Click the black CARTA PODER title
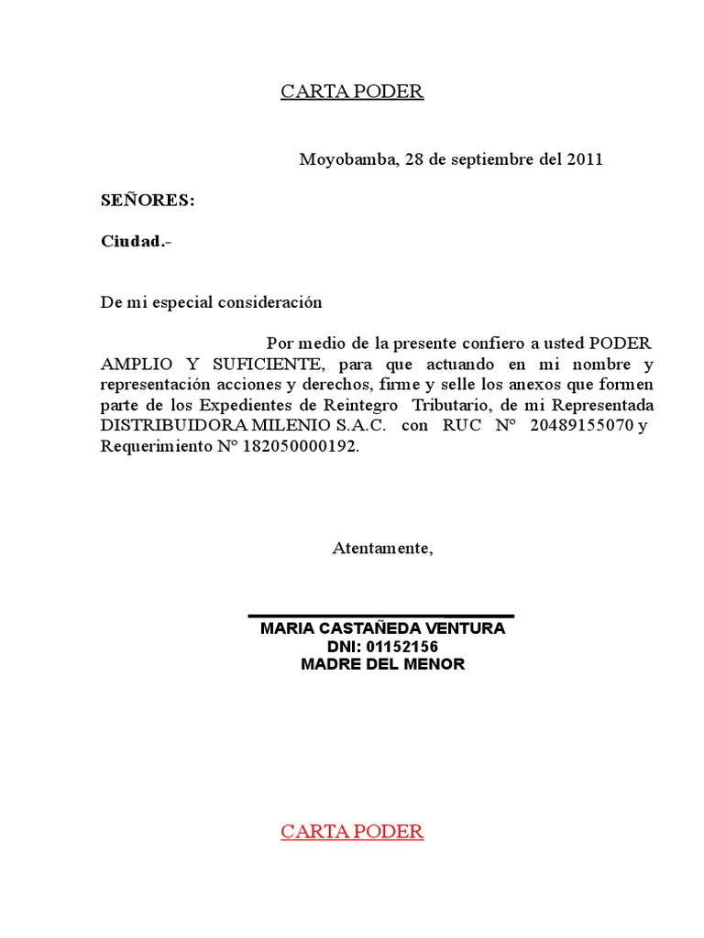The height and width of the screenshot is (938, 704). [352, 92]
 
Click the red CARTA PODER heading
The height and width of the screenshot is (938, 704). [352, 832]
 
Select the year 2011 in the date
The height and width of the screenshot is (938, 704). [584, 159]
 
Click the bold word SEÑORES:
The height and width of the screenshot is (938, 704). [148, 201]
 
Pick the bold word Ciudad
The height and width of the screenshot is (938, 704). [134, 242]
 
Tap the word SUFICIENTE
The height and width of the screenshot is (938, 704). [264, 364]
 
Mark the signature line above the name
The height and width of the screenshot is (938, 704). [381, 616]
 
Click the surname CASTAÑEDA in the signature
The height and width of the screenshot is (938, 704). [376, 628]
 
